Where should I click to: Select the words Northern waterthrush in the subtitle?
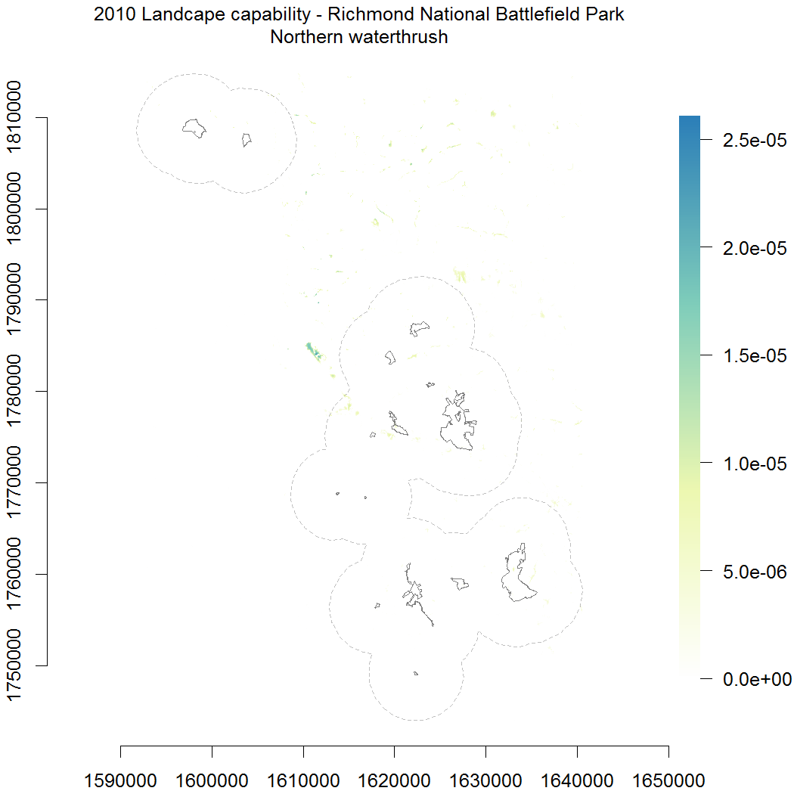[359, 37]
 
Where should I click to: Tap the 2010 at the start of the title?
[110, 14]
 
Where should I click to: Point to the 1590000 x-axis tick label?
[121, 778]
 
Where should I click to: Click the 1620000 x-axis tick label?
[394, 778]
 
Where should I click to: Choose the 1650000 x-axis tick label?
[668, 778]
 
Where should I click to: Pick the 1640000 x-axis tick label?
[577, 778]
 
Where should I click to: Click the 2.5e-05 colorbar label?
[755, 140]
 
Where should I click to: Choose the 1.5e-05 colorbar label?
[755, 355]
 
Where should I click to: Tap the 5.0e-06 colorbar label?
[755, 571]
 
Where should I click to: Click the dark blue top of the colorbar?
[689, 121]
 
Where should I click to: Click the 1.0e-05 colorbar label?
[755, 463]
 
